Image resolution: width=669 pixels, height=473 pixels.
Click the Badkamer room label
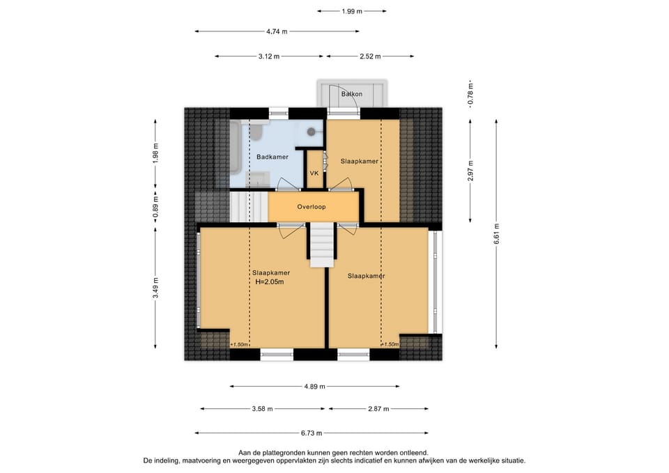272,157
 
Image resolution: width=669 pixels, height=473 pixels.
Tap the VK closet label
314,173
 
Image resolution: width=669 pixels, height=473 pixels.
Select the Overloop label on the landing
312,207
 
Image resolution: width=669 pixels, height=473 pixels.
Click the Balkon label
352,94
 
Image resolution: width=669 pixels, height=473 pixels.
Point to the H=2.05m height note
270,282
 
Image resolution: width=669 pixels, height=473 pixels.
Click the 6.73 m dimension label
312,433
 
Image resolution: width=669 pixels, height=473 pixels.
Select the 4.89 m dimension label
315,387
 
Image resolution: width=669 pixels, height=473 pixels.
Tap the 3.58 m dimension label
263,409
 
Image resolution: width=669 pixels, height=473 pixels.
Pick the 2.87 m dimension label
378,409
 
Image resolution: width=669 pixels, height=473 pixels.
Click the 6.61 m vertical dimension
496,234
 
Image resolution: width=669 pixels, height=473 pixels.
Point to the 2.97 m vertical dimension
470,171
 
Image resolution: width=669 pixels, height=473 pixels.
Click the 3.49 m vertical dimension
155,288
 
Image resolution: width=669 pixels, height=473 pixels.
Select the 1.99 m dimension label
352,12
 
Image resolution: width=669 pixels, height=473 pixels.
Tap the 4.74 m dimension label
277,31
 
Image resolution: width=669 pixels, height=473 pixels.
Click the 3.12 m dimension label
269,56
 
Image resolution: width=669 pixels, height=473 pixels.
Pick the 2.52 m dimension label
370,56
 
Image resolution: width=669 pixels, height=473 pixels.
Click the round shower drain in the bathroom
312,132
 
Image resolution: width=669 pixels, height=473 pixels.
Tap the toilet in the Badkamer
256,132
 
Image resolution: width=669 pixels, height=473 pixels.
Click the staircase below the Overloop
322,245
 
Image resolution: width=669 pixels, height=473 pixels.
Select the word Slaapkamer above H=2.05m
271,273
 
